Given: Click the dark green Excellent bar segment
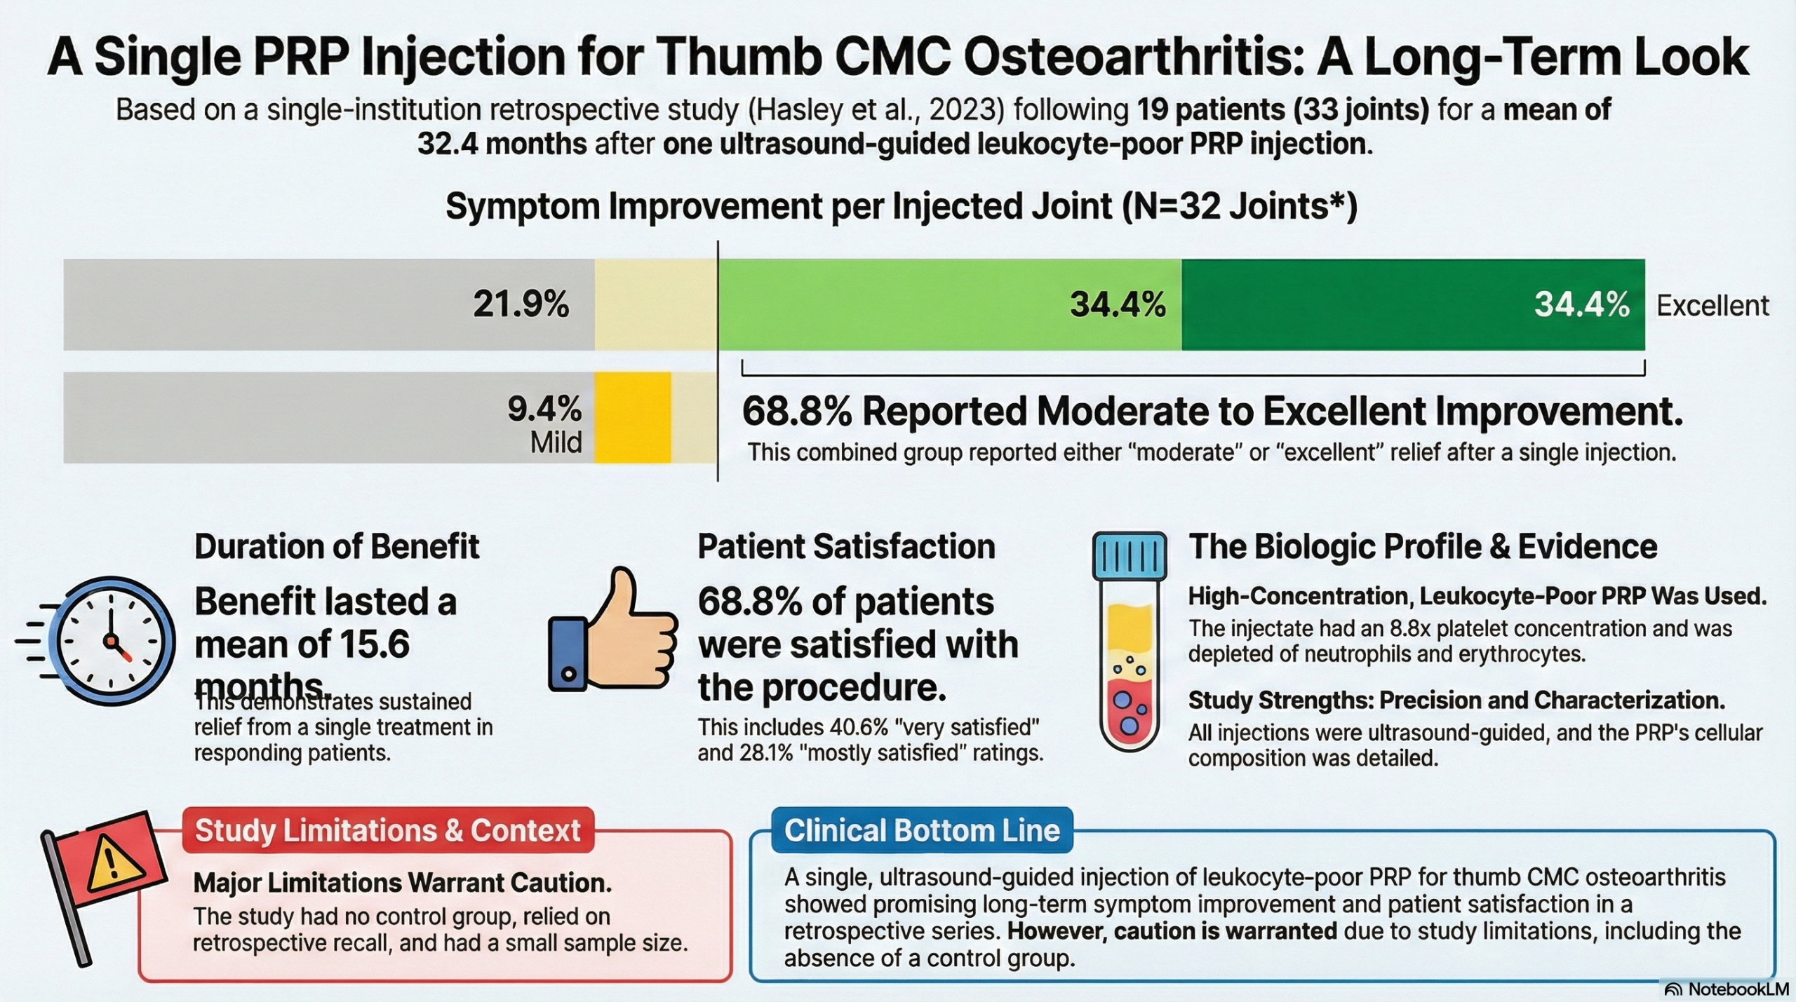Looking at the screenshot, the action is click(x=1413, y=304).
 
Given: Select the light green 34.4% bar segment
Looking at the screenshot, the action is click(x=950, y=304).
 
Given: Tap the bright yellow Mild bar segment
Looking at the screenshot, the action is click(x=633, y=417).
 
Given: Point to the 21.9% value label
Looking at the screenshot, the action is click(x=521, y=304).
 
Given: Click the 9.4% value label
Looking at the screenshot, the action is click(x=544, y=409).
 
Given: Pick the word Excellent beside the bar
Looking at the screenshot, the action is click(x=1713, y=306).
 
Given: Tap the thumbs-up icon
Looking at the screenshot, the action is click(x=612, y=629).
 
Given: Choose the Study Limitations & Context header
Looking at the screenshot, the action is click(x=388, y=830).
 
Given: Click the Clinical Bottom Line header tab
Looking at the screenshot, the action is click(x=922, y=830).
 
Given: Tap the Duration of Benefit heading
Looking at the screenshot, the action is click(x=337, y=546).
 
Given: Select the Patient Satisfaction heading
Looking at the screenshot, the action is click(x=846, y=546).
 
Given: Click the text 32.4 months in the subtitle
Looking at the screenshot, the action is click(x=502, y=144).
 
